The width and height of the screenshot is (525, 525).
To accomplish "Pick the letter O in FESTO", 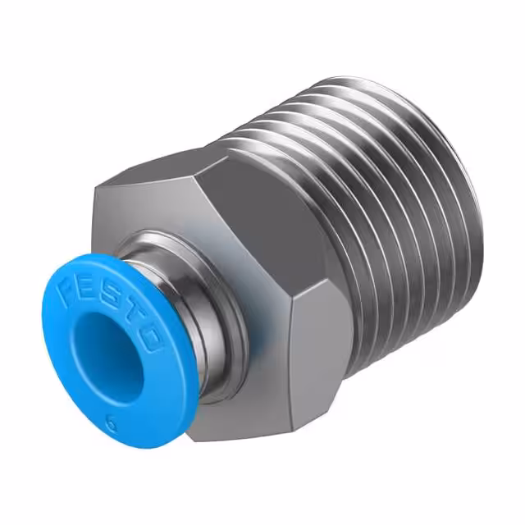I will click(151, 335).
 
